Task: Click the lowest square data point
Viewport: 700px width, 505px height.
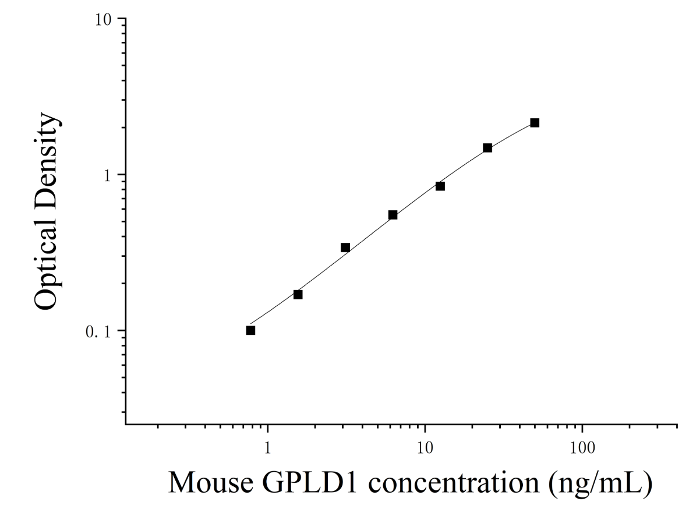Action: (250, 330)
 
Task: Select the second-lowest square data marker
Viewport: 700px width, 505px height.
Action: (298, 294)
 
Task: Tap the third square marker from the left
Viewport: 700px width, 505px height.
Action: (345, 248)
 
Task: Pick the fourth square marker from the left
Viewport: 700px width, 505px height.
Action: (393, 215)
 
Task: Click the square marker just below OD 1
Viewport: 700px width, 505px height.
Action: (440, 186)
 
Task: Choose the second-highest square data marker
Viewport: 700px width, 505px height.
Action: (487, 148)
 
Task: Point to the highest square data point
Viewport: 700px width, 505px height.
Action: (535, 123)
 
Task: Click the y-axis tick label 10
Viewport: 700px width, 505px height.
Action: (104, 20)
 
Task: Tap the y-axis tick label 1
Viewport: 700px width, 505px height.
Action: (108, 176)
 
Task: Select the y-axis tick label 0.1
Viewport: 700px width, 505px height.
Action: (98, 333)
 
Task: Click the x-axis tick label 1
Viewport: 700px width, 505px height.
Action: (267, 448)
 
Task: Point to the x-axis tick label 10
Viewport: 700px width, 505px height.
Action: (425, 448)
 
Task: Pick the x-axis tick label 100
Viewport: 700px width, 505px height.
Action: (582, 448)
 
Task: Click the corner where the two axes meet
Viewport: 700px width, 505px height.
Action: (126, 425)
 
